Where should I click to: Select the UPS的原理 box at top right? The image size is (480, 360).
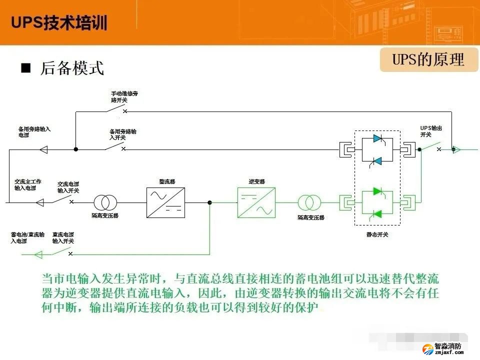click(x=428, y=60)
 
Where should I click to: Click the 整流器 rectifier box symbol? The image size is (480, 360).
click(x=165, y=202)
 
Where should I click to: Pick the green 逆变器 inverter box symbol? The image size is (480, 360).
click(x=256, y=202)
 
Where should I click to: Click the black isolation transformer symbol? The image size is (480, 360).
click(x=105, y=202)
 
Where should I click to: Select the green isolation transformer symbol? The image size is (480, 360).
click(x=310, y=202)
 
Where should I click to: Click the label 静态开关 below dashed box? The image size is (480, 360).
click(x=377, y=234)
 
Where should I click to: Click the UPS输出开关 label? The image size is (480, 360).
click(x=431, y=131)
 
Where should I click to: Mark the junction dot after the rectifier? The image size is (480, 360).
click(x=209, y=202)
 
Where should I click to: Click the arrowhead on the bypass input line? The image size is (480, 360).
click(x=43, y=149)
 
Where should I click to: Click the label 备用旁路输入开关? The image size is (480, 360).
click(x=123, y=134)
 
